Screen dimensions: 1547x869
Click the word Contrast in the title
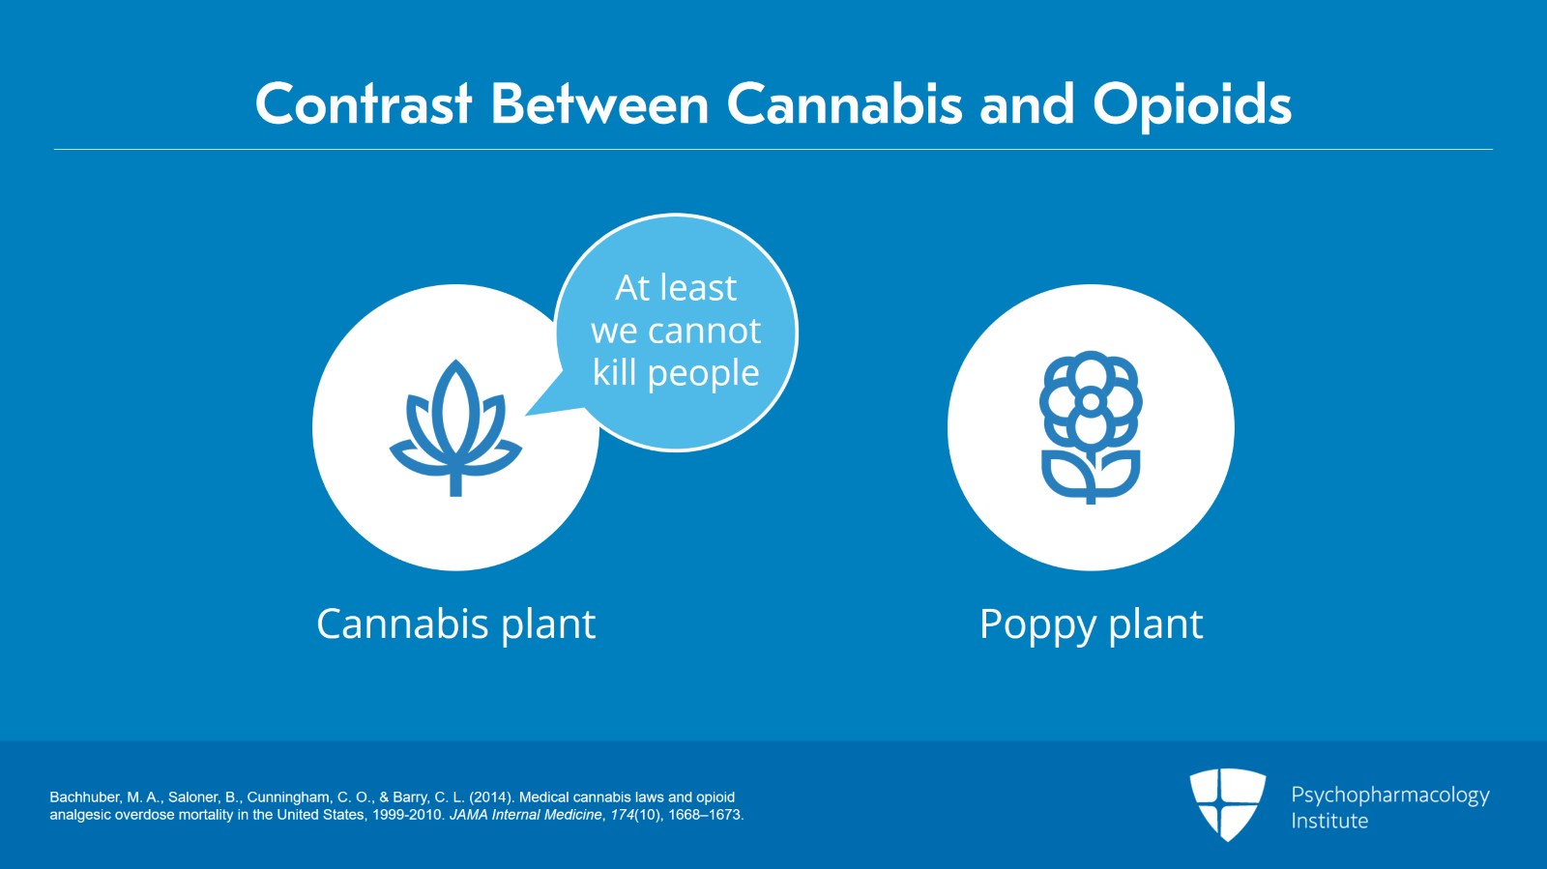point(364,104)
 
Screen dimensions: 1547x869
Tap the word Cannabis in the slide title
point(844,104)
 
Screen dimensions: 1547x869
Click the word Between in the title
point(599,104)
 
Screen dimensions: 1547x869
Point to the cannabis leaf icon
point(455,428)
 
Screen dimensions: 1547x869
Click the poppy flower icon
point(1091,426)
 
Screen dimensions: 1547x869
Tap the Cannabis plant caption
point(455,624)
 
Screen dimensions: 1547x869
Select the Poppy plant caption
point(1092,625)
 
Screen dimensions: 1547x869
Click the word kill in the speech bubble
point(614,373)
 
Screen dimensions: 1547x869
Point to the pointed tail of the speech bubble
point(527,415)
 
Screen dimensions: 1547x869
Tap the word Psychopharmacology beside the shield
point(1390,796)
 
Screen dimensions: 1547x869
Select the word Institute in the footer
point(1329,821)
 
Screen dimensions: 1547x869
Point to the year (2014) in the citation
point(491,797)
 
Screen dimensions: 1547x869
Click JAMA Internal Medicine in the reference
point(526,815)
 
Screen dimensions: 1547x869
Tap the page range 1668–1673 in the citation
point(705,815)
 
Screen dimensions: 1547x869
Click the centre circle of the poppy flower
point(1091,401)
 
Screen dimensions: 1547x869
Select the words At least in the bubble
point(676,288)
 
